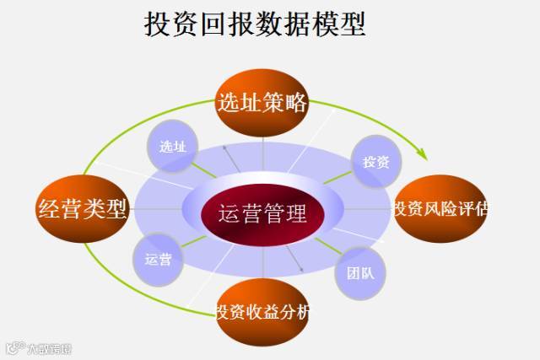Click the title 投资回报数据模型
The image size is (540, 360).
coord(255,25)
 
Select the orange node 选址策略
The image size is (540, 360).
coord(262,103)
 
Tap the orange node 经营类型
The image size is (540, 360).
coord(83,208)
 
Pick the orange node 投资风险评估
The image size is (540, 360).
coord(439,208)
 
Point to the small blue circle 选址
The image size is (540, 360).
coord(172,146)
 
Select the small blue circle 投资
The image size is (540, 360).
coord(375,161)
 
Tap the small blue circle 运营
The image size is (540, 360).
coord(159,259)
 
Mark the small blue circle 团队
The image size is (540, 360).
coord(361,272)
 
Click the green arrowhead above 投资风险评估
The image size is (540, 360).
coord(423,155)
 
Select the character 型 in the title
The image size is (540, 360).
coord(353,25)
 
